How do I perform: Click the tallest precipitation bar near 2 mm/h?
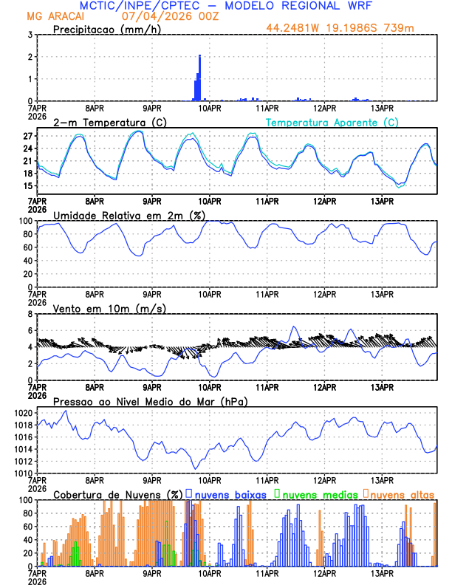[199, 78]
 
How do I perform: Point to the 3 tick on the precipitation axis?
[30, 35]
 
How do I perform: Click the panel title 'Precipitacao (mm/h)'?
[106, 29]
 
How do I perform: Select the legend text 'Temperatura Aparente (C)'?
[332, 122]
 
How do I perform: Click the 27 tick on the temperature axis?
[27, 137]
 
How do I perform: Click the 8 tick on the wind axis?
[30, 314]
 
